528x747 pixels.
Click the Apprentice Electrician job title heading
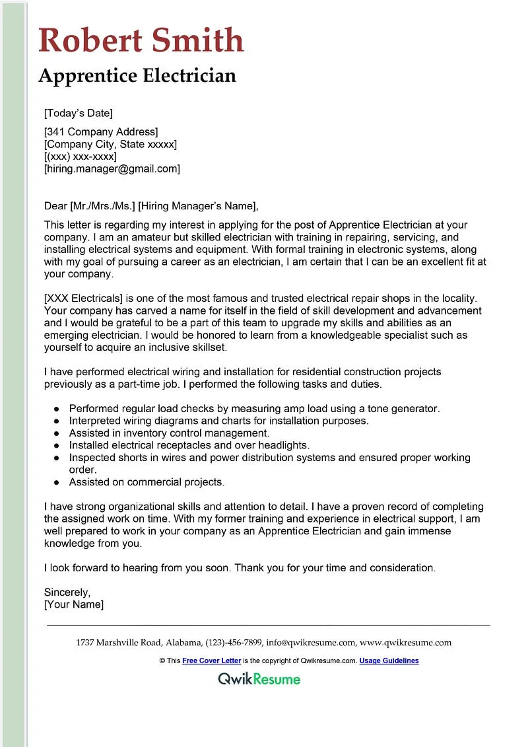click(137, 76)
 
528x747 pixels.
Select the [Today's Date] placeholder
click(78, 113)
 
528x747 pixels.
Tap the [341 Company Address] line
click(101, 132)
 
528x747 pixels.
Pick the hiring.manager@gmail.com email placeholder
click(112, 169)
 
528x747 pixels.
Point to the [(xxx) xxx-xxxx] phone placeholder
click(80, 157)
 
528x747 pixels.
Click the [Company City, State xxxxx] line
click(110, 144)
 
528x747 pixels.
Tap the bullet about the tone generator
click(254, 409)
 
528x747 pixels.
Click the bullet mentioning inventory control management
click(169, 433)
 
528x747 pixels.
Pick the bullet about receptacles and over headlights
click(189, 445)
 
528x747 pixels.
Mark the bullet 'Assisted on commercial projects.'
click(147, 482)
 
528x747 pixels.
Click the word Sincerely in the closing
click(67, 592)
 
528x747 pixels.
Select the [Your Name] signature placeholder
click(73, 604)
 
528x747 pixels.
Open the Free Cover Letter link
click(211, 660)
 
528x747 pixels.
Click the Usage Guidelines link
click(389, 660)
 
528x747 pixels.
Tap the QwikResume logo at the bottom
click(259, 679)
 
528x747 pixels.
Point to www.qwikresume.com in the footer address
click(405, 642)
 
